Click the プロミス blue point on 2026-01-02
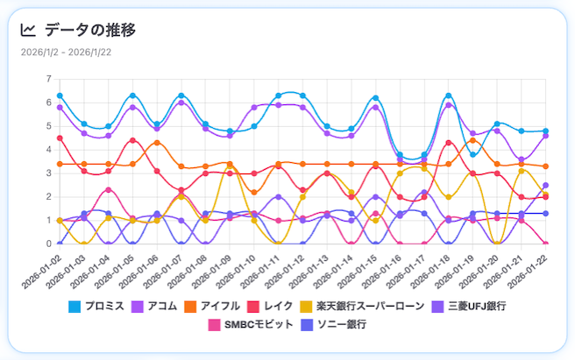click(60, 95)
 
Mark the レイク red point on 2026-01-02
click(60, 138)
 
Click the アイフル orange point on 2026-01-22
click(545, 166)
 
